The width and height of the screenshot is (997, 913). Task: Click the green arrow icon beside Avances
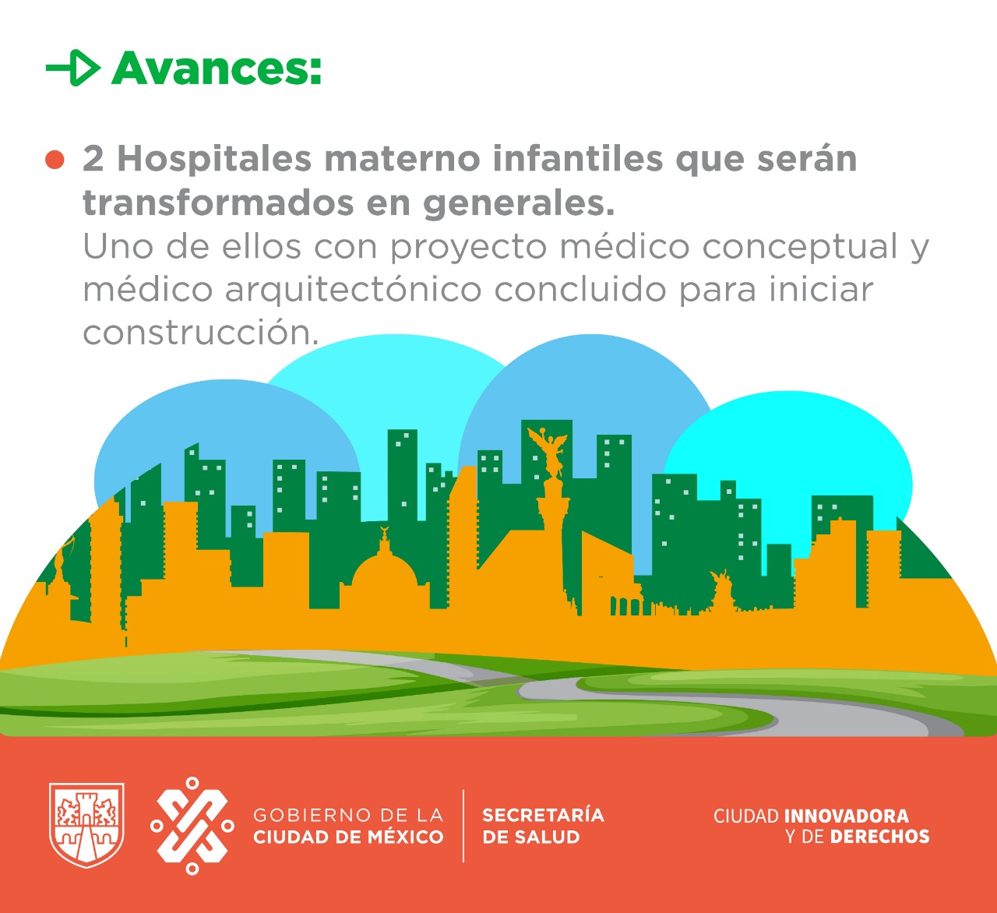[73, 68]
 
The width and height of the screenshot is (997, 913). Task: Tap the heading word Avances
[217, 68]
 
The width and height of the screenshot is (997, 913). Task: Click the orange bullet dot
[55, 160]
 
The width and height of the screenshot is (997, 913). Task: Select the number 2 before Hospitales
[93, 159]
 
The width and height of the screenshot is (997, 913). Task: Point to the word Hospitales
[214, 159]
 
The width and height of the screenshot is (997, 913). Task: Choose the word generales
[519, 204]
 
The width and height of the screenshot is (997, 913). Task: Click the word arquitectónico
[354, 289]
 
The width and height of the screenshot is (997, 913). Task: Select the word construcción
[200, 332]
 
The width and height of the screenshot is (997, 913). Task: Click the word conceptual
[799, 246]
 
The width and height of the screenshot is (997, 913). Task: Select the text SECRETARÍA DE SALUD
[543, 826]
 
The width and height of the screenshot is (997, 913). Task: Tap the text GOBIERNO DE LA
[348, 815]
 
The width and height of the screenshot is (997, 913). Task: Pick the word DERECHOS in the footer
[879, 837]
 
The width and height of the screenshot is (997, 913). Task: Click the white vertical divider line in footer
[463, 826]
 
